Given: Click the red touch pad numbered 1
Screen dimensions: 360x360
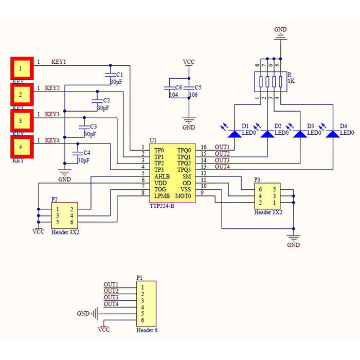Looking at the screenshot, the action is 22,68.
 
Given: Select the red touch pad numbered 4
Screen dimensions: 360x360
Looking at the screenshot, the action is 22,147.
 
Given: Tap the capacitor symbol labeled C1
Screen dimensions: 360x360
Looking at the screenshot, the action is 110,75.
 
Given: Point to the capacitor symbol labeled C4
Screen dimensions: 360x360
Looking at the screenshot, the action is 78,153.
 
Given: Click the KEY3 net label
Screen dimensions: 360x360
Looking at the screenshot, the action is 52,114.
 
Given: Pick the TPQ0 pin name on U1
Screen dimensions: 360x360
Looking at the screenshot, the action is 184,150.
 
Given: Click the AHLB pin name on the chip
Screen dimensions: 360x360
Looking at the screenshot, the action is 162,176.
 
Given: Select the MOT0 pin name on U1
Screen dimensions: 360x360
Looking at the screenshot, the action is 183,196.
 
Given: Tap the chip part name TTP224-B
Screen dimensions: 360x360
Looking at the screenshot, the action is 162,206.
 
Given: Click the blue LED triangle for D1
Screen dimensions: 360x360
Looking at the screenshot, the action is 235,134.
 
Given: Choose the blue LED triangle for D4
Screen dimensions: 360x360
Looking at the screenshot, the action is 333,134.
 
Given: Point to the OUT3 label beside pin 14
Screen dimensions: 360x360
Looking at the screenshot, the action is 222,160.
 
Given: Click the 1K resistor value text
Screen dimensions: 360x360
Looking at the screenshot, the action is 292,81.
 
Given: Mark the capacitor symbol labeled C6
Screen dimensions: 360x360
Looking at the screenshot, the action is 169,88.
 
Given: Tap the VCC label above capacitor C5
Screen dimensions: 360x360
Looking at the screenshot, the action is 189,62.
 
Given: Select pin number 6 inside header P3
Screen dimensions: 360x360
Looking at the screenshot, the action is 260,189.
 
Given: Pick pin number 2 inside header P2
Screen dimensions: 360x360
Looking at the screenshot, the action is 71,209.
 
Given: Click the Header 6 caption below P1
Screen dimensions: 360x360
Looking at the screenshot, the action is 147,330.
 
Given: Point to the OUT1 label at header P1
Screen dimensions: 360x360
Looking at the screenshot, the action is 111,284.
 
